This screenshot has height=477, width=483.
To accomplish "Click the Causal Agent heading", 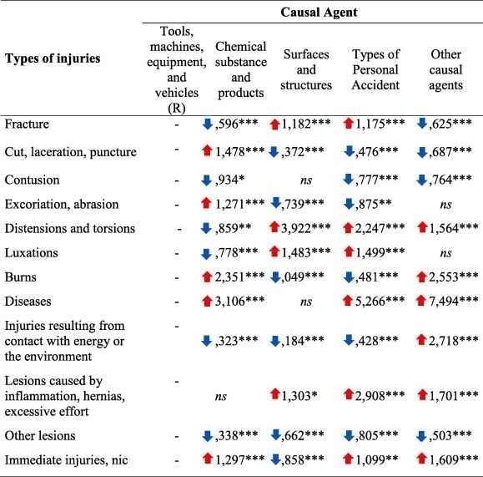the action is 319,13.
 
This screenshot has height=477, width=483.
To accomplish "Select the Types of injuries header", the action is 53,58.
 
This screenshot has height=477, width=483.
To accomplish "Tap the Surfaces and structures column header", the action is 306,69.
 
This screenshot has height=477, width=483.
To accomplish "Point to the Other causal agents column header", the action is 445,69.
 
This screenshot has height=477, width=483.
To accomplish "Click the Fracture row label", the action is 27,124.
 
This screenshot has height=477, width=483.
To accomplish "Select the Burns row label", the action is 21,277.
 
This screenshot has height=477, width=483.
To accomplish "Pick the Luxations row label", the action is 32,253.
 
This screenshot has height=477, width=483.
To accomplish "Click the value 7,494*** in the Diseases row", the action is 454,301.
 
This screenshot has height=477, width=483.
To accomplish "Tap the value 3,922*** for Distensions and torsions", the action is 306,228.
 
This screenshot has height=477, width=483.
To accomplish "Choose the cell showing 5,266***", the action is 380,301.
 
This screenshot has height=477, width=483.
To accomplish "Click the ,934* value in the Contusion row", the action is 229,180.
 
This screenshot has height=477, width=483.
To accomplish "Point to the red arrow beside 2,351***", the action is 208,277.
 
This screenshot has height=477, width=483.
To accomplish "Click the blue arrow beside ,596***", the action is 208,124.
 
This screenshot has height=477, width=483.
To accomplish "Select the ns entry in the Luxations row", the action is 445,254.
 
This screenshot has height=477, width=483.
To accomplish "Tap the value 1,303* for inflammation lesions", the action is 299,395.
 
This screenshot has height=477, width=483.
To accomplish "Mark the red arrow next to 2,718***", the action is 421,340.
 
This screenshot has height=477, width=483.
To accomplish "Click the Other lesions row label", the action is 40,436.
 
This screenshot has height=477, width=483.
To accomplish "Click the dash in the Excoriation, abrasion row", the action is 177,206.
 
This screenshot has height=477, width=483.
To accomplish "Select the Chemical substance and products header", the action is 241,69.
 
